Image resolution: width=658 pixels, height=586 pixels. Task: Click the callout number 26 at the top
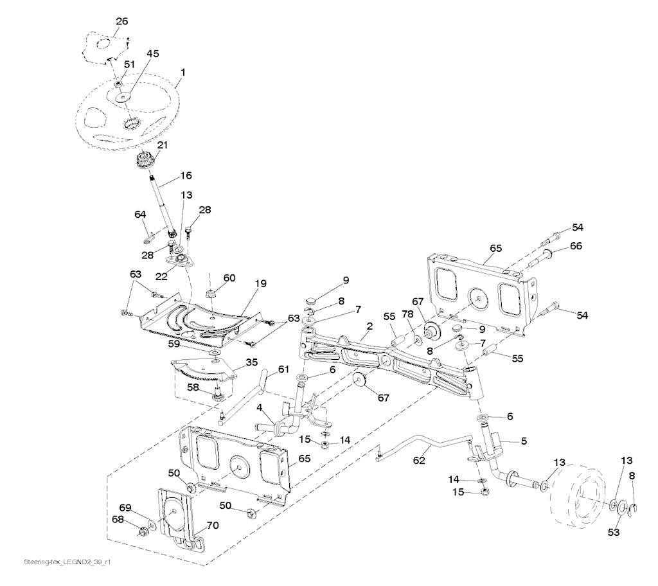tap(121, 21)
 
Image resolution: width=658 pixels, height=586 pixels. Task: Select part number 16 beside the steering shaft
tap(186, 175)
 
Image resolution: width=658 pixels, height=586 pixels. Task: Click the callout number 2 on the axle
tap(369, 326)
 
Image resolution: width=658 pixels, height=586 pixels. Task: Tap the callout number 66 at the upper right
tap(576, 245)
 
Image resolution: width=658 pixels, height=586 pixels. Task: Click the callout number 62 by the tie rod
tap(419, 461)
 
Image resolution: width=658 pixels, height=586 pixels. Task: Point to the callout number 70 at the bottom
tap(212, 525)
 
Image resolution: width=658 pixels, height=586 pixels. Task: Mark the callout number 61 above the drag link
tap(283, 369)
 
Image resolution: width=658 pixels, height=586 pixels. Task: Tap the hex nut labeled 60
tap(210, 294)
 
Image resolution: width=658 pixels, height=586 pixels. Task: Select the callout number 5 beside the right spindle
tap(524, 441)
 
